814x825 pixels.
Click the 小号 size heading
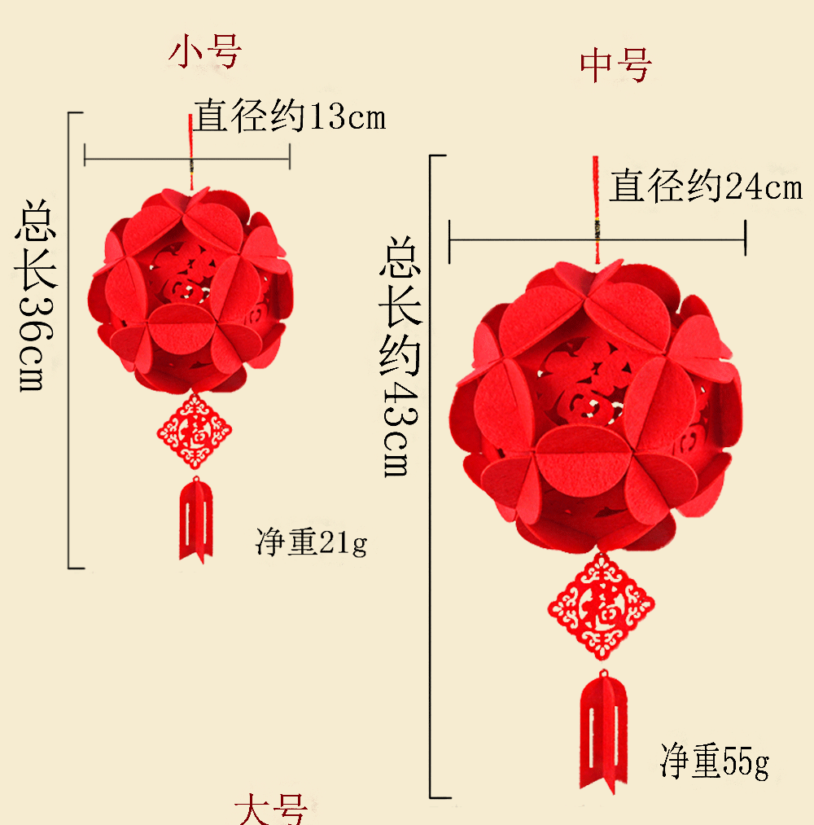click(x=205, y=53)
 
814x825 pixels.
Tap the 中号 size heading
click(x=616, y=66)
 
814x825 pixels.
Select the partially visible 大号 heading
click(x=271, y=810)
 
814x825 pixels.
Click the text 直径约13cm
click(x=289, y=117)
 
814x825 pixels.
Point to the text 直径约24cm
click(x=706, y=187)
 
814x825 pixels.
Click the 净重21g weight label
click(x=311, y=542)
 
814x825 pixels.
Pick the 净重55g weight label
click(x=714, y=762)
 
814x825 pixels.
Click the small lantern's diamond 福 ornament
click(x=195, y=430)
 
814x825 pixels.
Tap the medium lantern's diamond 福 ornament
click(x=601, y=604)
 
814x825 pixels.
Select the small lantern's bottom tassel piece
click(x=195, y=520)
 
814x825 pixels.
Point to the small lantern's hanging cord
click(x=191, y=151)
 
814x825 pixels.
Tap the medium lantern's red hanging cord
click(x=596, y=204)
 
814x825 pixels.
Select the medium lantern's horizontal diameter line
click(x=521, y=240)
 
